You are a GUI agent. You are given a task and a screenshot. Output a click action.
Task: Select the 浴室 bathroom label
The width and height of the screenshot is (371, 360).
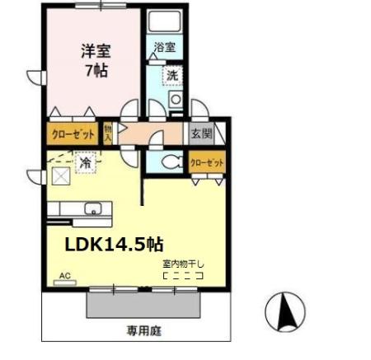[164, 47]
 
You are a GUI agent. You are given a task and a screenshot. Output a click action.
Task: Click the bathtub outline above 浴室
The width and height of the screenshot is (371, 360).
[164, 22]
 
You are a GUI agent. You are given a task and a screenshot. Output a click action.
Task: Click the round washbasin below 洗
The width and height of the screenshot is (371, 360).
[174, 101]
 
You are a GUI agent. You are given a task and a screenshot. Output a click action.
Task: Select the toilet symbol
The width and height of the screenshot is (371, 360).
[169, 162]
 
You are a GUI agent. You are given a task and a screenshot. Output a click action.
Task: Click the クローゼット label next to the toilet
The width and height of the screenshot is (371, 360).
[206, 163]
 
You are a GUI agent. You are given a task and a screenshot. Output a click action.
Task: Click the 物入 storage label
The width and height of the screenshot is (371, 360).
[108, 133]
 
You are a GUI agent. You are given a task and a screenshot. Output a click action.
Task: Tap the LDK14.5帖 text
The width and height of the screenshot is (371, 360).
[115, 245]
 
